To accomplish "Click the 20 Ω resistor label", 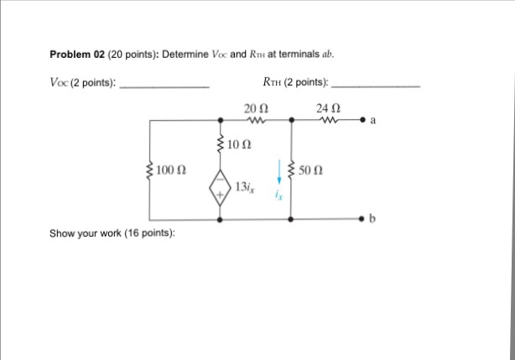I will pos(255,108).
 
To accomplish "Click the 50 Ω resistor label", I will pos(310,170).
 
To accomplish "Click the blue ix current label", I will pos(278,195).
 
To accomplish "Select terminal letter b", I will pos(374,220).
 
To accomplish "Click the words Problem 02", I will pos(76,55).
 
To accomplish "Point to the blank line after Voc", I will pos(165,86).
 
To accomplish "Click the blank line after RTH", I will pos(376,86).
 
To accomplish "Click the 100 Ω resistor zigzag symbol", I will pos(149,171).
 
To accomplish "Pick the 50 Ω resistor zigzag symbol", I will pos(290,171).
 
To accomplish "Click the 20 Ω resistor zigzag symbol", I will pos(255,121).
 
